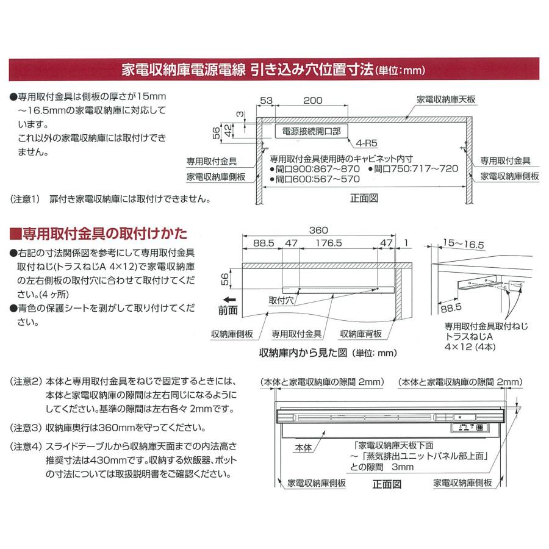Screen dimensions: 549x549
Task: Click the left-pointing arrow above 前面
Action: point(229,300)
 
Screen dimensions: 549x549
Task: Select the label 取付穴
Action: point(281,300)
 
